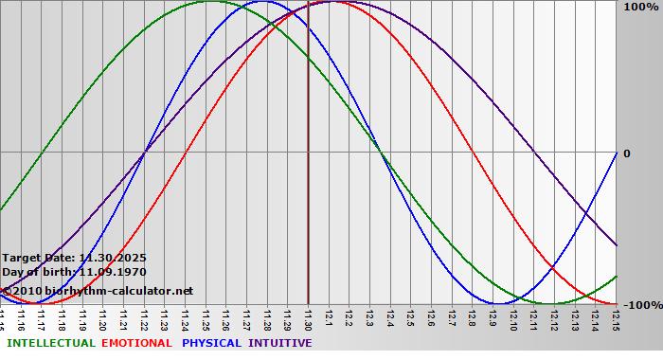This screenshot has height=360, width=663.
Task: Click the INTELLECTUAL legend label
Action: [51, 343]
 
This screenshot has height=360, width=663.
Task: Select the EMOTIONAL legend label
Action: [136, 343]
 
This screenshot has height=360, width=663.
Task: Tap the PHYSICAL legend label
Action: [212, 343]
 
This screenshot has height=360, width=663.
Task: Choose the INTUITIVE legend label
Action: [280, 343]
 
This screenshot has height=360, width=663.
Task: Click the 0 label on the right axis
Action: [624, 153]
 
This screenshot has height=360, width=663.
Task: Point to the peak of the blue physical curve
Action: [262, 1]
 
